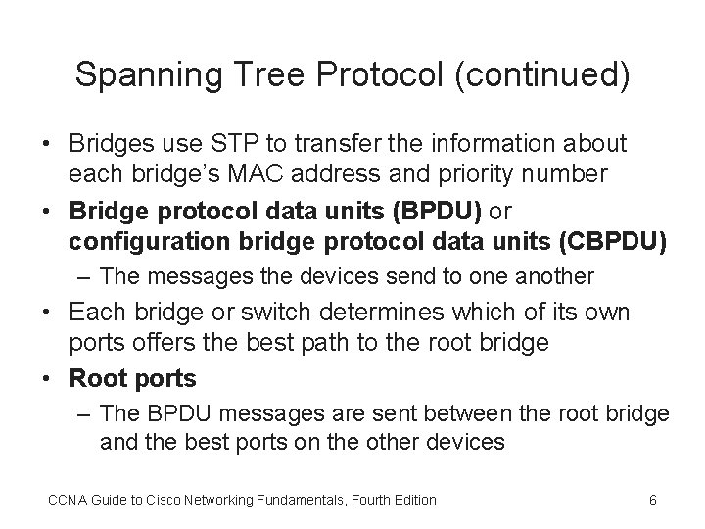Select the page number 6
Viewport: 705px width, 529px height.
point(653,500)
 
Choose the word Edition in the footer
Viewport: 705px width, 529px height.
point(413,500)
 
